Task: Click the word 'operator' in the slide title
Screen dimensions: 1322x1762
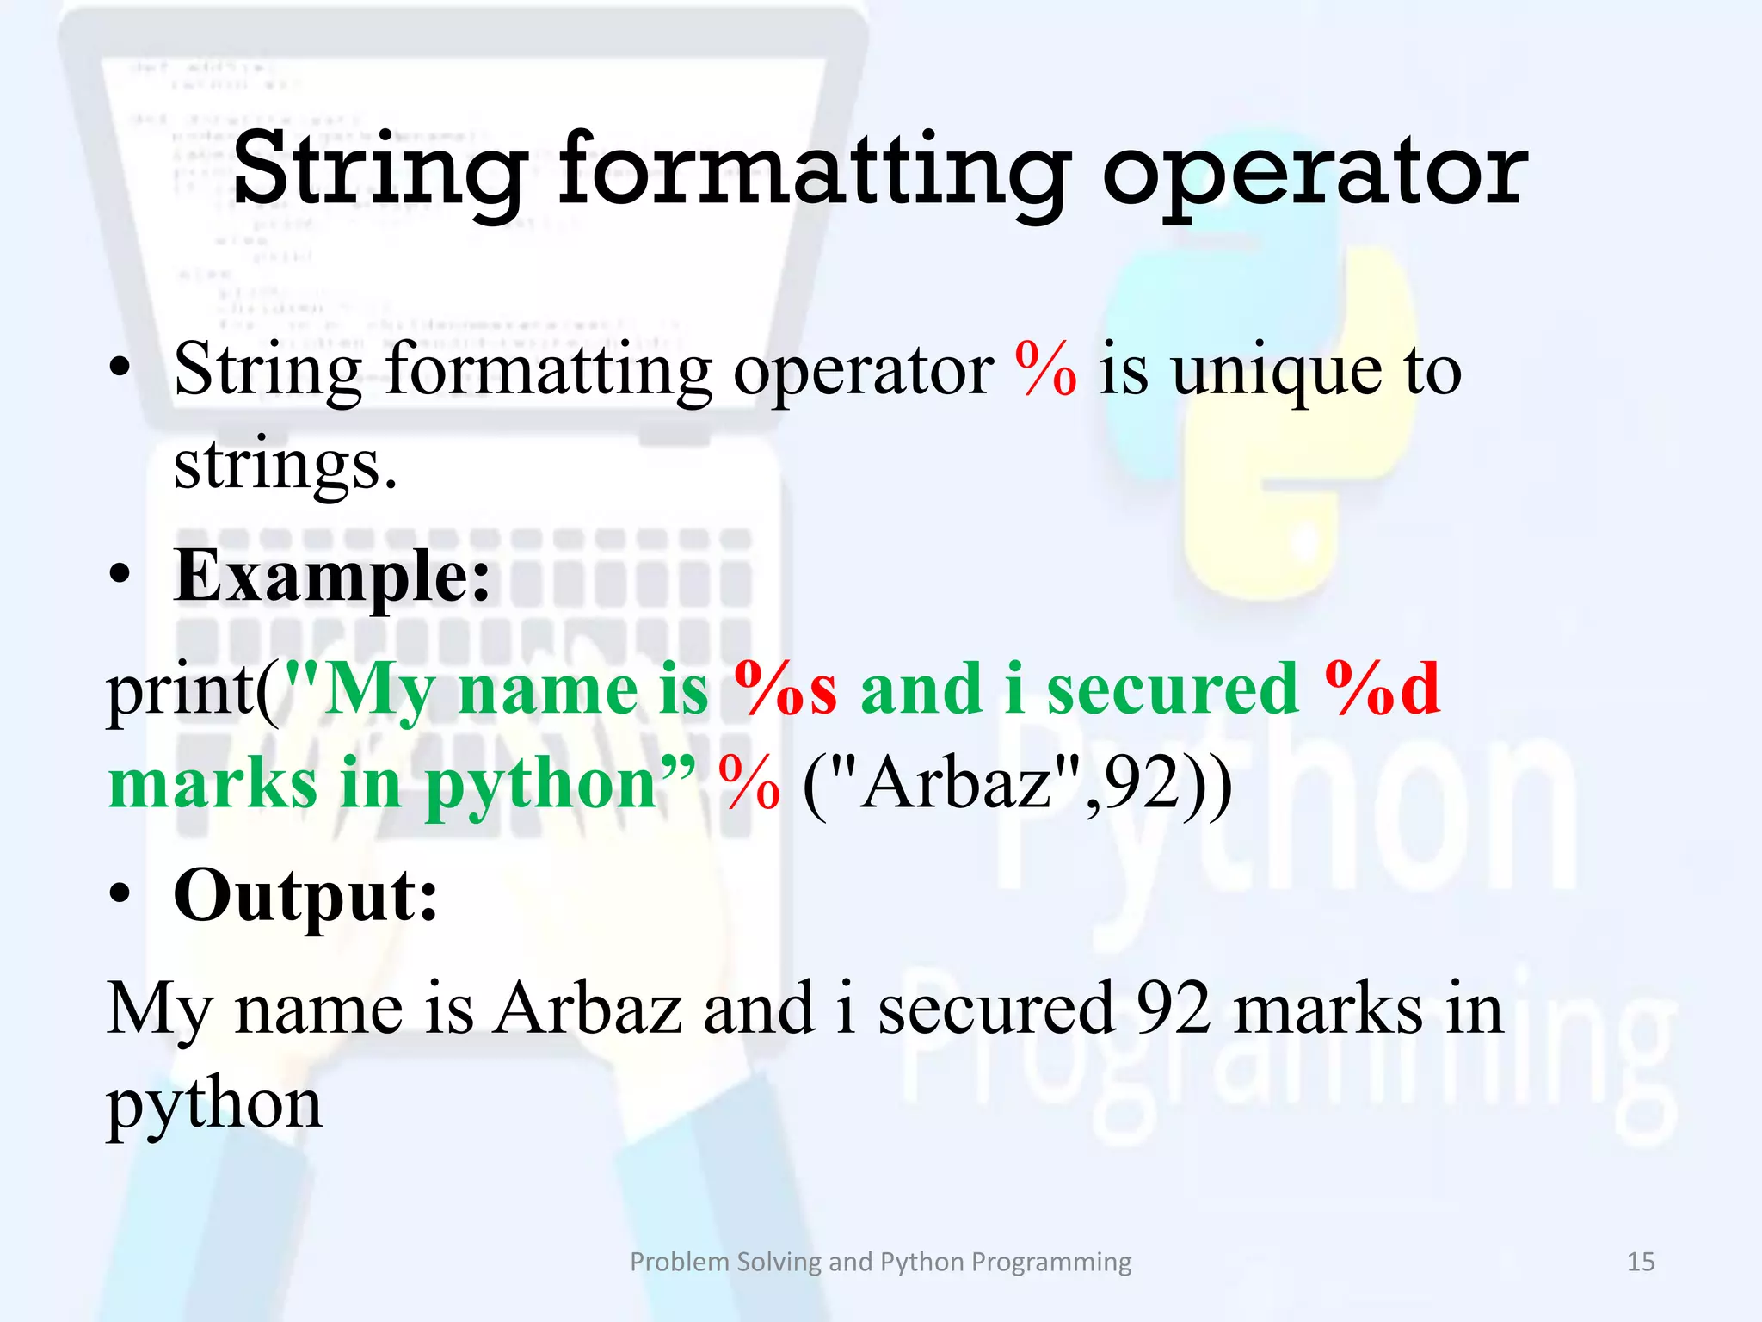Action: pos(1314,172)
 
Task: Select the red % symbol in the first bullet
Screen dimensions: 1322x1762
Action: pos(1045,370)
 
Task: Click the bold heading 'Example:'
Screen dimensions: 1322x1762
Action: pos(332,577)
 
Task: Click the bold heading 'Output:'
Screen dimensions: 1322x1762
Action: pos(305,895)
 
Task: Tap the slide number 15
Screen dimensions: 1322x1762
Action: pos(1641,1262)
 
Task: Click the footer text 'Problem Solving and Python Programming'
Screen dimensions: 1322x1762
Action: pos(880,1262)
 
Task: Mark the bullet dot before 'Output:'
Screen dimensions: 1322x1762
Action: pos(120,895)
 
